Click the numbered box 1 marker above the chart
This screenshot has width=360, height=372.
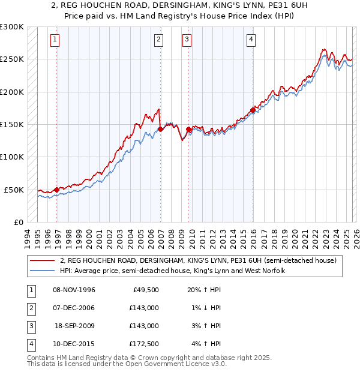tap(55, 40)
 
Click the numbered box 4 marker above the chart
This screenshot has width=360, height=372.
tap(250, 40)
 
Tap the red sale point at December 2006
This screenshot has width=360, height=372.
tap(161, 129)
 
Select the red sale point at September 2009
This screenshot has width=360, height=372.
tap(189, 129)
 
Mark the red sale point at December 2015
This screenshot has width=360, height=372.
tap(253, 110)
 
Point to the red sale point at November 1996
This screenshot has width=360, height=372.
tap(57, 190)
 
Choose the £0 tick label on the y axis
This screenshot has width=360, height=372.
tap(18, 222)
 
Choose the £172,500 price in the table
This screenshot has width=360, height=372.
tap(144, 344)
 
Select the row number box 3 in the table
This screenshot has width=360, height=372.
tap(30, 326)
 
